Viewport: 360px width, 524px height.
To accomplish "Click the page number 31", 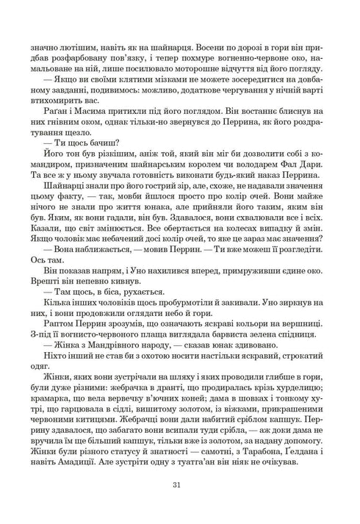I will (x=179, y=484).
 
